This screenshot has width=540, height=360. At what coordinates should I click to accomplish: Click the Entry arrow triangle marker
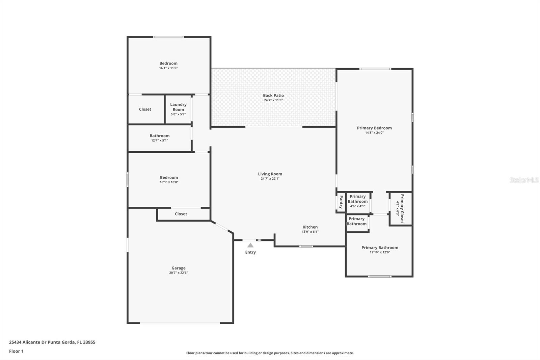(250, 245)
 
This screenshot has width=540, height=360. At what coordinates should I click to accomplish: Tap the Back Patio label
(273, 96)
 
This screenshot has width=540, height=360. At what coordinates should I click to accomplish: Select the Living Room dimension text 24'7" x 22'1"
(270, 179)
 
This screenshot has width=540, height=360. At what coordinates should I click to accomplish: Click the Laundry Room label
(179, 107)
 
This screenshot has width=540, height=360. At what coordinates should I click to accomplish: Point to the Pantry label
(341, 202)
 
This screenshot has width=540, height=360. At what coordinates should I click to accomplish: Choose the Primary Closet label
(402, 208)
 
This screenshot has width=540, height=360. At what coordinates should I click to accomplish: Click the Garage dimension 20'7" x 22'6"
(179, 273)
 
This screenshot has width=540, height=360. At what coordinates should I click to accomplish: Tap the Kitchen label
(310, 227)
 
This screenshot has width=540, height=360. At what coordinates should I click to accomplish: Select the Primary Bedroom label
(374, 128)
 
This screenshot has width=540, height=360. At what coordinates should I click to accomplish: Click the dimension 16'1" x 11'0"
(168, 68)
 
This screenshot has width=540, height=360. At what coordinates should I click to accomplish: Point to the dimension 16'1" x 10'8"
(169, 182)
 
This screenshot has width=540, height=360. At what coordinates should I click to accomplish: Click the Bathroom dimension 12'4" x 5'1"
(160, 140)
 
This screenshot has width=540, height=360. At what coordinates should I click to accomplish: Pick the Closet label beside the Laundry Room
(145, 109)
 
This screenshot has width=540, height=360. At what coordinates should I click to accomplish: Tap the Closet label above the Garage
(181, 214)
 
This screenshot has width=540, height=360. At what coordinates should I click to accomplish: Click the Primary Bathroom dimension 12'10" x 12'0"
(380, 252)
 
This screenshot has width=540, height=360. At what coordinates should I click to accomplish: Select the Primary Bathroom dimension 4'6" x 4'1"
(358, 206)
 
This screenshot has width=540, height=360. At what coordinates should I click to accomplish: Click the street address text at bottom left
(52, 342)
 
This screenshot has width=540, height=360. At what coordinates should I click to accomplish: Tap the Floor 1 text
(17, 351)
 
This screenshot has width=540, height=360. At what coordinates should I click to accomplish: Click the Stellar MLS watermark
(524, 180)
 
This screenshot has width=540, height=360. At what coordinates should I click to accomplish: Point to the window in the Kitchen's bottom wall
(306, 246)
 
